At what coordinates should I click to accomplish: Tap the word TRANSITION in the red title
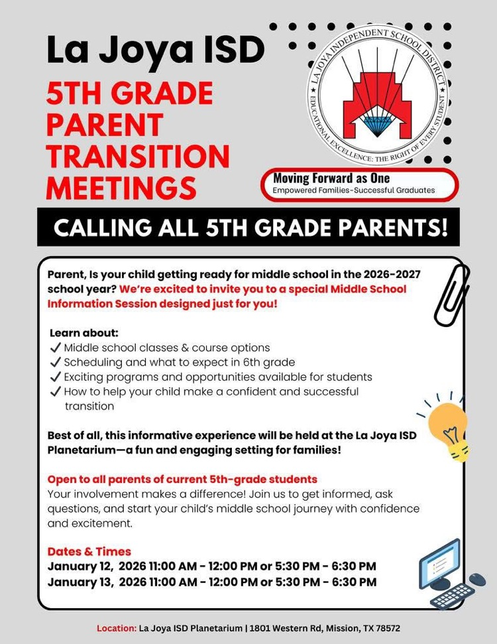[138, 156]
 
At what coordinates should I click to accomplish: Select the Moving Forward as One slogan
[331, 178]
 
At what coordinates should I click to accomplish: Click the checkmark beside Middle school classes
[56, 348]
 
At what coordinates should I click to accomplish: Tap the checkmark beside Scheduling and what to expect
[56, 362]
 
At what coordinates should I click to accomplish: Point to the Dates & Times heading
[89, 552]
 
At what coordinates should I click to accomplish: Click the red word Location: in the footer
[117, 627]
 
